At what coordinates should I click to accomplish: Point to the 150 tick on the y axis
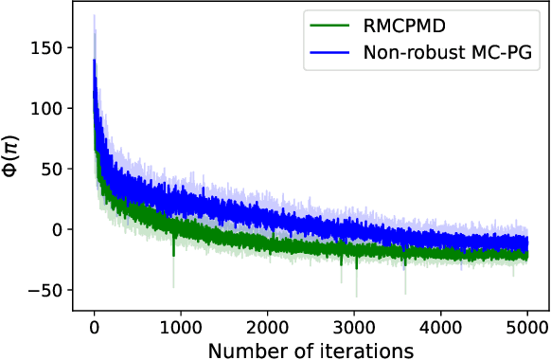tap(56, 47)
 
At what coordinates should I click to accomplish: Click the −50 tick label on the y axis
tap(54, 290)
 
